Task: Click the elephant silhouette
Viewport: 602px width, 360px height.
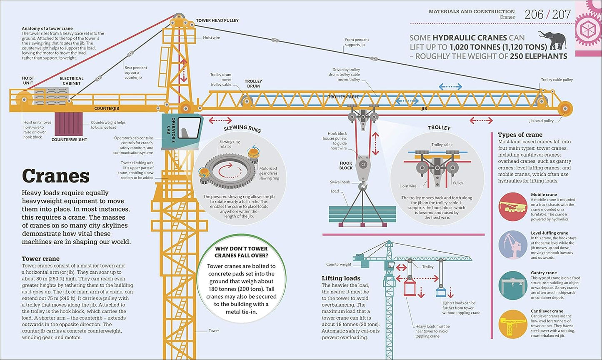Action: [x=552, y=40]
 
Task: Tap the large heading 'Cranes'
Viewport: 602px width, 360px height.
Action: [x=55, y=176]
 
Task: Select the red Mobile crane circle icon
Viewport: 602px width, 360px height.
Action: [x=513, y=207]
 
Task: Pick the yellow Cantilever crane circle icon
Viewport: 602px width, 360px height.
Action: [x=513, y=324]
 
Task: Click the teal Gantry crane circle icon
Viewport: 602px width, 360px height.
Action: [x=513, y=285]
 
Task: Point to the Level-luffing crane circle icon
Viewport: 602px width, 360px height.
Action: [x=513, y=246]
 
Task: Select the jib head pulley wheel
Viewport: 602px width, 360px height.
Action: [x=565, y=109]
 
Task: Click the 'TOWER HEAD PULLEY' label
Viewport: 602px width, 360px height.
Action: [x=217, y=20]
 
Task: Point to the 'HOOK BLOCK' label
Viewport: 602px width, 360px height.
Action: [x=346, y=165]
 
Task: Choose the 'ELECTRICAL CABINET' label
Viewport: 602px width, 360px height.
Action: [x=72, y=81]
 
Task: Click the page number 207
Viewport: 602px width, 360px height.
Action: [x=562, y=15]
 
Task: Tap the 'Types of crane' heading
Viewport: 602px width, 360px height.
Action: [x=520, y=135]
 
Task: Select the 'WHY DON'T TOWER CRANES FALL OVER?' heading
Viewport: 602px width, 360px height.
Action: [x=241, y=252]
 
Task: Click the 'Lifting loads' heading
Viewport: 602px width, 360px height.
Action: [x=341, y=278]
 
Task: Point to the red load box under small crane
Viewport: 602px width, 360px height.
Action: [x=410, y=288]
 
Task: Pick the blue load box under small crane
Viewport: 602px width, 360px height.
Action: [x=441, y=291]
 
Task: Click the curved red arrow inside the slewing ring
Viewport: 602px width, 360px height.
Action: [x=225, y=171]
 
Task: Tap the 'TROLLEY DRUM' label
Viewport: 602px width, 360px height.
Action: [x=253, y=84]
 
